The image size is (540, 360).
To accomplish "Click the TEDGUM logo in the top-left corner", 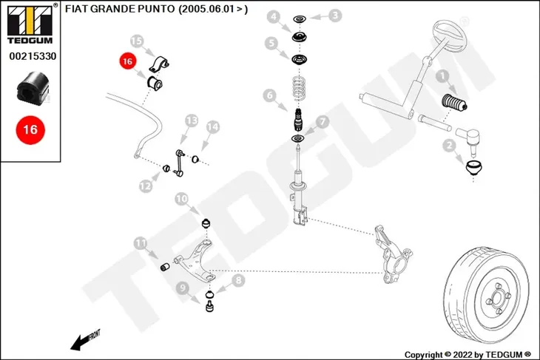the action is pyautogui.click(x=30, y=24).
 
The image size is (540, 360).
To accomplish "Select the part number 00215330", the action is pyautogui.click(x=33, y=56).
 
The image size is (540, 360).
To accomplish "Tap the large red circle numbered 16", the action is pyautogui.click(x=30, y=130).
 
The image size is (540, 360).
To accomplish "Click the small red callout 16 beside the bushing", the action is pyautogui.click(x=127, y=61).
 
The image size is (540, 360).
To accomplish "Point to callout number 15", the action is pyautogui.click(x=136, y=41).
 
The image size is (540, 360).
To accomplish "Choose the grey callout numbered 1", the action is pyautogui.click(x=442, y=76).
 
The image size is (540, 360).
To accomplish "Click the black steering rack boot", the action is pyautogui.click(x=454, y=103).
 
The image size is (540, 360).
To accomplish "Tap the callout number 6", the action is pyautogui.click(x=270, y=95).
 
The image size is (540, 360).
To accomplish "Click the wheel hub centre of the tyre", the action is pyautogui.click(x=498, y=299).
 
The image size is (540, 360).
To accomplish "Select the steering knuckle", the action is pyautogui.click(x=392, y=254).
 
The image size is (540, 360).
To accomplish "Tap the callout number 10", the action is pyautogui.click(x=181, y=199).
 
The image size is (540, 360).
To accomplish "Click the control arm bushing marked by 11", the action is pyautogui.click(x=165, y=267).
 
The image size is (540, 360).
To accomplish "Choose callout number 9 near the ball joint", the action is pyautogui.click(x=182, y=288).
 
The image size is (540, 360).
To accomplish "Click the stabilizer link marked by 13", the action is pyautogui.click(x=179, y=163).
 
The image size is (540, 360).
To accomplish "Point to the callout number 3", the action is pyautogui.click(x=335, y=16).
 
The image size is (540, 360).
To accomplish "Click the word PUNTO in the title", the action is pyautogui.click(x=156, y=9).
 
